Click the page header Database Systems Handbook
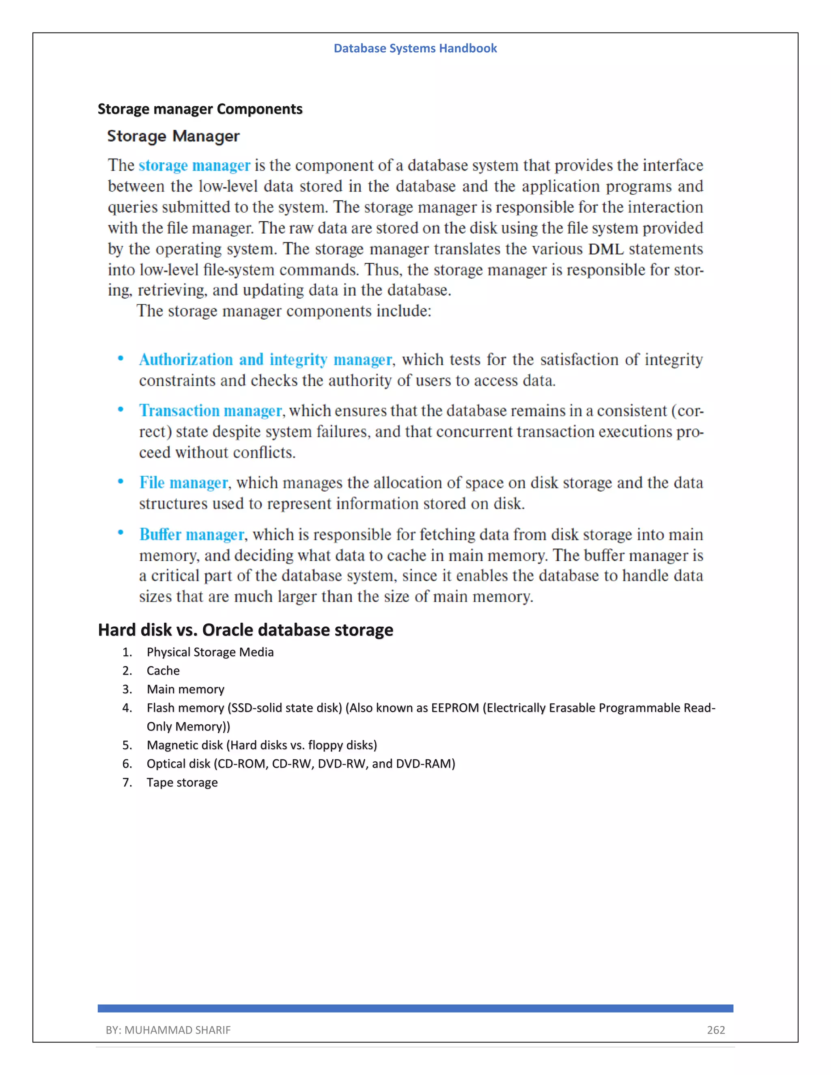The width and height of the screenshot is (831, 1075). click(415, 48)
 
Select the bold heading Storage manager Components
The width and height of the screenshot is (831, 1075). click(200, 109)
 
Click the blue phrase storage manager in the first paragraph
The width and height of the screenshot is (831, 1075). click(194, 166)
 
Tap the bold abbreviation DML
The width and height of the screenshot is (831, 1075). click(605, 249)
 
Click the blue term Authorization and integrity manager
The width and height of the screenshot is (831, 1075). click(265, 360)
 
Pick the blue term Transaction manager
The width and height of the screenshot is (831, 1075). click(210, 411)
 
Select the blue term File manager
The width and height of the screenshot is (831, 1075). click(184, 483)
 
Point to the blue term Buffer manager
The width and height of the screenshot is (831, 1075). click(192, 535)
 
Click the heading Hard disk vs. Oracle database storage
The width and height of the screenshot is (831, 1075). click(245, 630)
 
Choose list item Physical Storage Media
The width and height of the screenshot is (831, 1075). click(210, 652)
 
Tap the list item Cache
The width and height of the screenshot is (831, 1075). click(163, 671)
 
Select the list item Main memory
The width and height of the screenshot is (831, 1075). click(185, 689)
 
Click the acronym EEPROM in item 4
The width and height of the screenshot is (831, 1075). click(455, 708)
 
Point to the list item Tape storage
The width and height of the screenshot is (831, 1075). click(182, 783)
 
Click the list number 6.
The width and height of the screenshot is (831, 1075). click(127, 764)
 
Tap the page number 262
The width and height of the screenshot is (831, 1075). click(715, 1030)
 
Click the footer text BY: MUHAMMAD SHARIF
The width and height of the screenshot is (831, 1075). click(168, 1030)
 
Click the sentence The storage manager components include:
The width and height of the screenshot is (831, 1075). click(284, 311)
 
